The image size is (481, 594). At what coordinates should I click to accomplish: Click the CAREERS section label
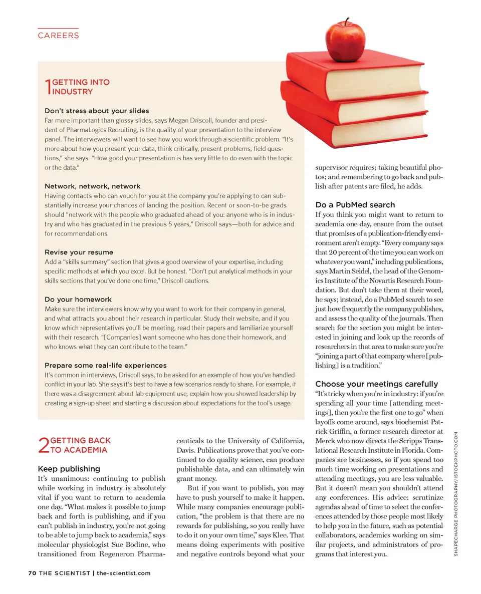[x=58, y=36]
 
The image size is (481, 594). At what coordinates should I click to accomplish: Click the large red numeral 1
[x=48, y=87]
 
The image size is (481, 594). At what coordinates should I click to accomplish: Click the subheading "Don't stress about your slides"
[x=97, y=111]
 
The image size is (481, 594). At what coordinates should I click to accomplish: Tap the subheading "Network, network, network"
[x=93, y=186]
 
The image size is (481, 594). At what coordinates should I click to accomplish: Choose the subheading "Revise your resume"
[x=79, y=252]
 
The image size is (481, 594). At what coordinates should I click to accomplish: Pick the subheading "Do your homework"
[x=78, y=300]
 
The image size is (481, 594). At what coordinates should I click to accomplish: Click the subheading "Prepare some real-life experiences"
[x=106, y=366]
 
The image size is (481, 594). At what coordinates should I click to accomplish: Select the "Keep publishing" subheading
[x=69, y=469]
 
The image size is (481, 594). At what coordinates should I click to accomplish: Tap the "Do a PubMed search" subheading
[x=355, y=205]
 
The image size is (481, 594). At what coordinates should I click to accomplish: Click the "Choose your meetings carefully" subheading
[x=377, y=384]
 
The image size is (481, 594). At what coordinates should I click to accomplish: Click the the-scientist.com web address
[x=123, y=573]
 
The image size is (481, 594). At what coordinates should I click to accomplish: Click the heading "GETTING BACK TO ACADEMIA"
[x=80, y=445]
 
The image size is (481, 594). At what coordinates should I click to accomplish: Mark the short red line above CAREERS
[x=58, y=29]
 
